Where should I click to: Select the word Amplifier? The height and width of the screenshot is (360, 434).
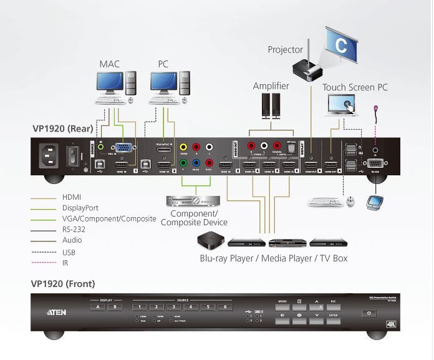click(x=271, y=86)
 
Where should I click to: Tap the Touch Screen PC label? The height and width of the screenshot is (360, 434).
click(x=355, y=87)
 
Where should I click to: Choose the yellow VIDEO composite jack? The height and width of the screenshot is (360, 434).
click(x=183, y=147)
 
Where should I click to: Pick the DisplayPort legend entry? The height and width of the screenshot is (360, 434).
click(x=80, y=208)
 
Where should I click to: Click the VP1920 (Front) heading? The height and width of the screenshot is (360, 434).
click(x=63, y=284)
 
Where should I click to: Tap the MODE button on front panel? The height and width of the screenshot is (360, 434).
click(x=282, y=308)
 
